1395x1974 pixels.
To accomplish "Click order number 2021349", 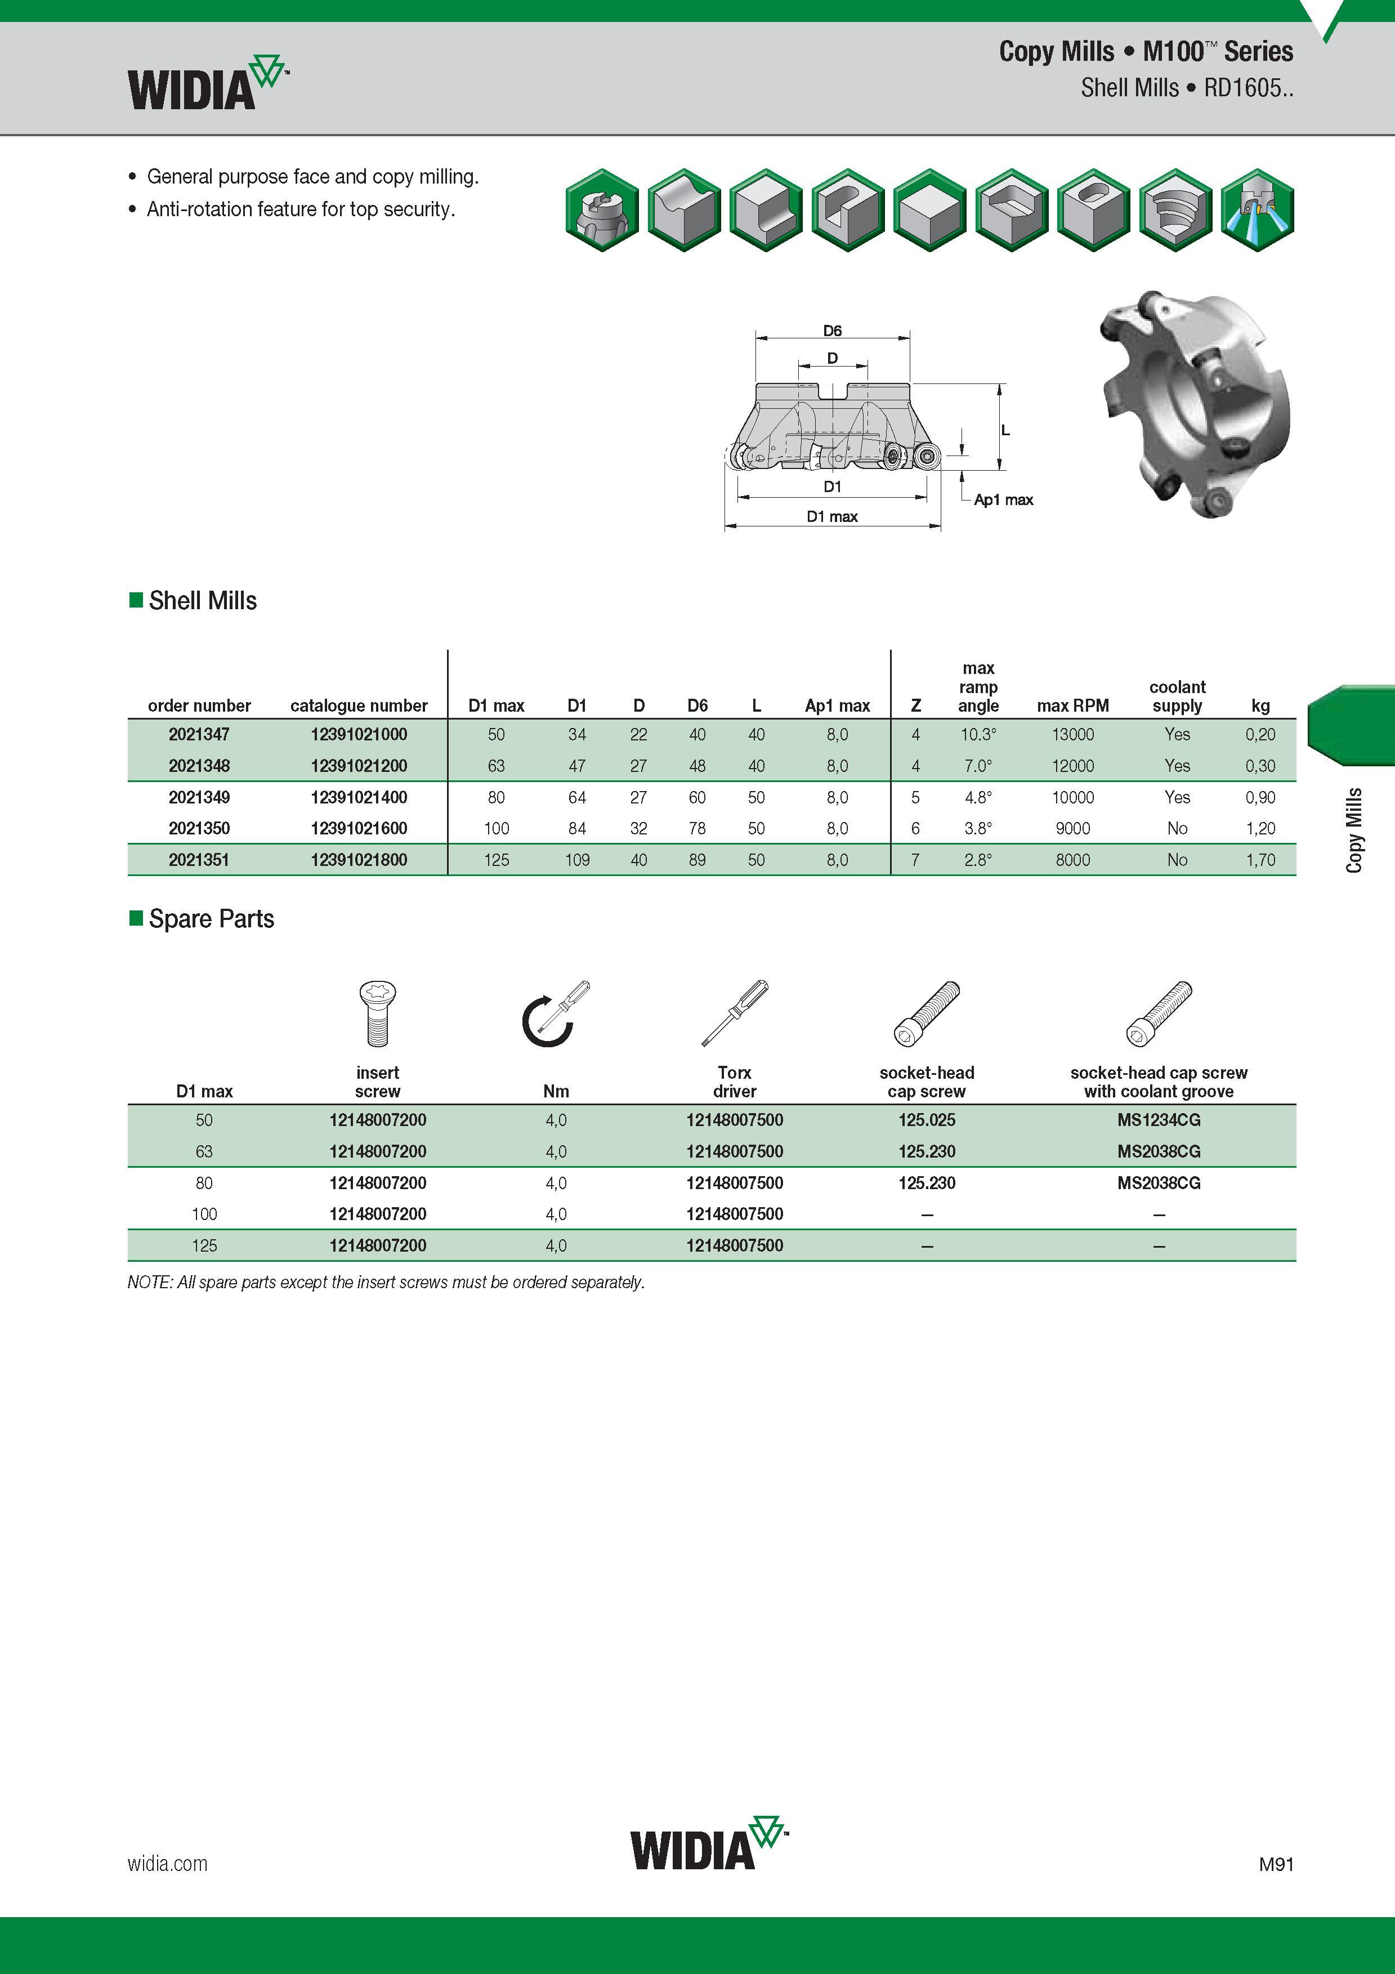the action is (x=199, y=797).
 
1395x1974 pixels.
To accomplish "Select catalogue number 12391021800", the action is (x=359, y=860).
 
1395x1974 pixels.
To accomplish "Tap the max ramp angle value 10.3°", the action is (x=978, y=734).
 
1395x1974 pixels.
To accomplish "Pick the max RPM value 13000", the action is (x=1072, y=734).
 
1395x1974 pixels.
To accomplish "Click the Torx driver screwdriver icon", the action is (x=735, y=1013).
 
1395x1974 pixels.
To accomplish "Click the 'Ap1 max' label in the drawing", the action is (x=1003, y=499).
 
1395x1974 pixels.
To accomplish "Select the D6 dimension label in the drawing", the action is (x=832, y=330).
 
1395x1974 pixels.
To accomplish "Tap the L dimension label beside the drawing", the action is (x=1005, y=430).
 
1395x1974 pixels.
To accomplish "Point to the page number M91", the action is (x=1276, y=1864).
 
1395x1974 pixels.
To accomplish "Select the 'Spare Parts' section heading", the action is (x=212, y=918).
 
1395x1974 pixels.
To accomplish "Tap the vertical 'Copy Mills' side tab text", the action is (x=1354, y=830).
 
